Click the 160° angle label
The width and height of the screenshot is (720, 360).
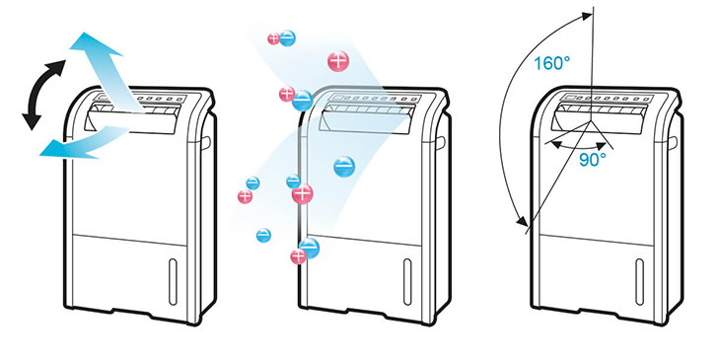[552, 62]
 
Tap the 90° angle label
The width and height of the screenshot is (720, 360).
[593, 160]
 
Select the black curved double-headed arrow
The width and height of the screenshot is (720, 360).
[42, 95]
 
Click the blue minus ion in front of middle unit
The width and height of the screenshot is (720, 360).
[344, 167]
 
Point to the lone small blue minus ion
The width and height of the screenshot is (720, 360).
[263, 236]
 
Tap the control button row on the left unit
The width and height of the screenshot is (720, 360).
[158, 99]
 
